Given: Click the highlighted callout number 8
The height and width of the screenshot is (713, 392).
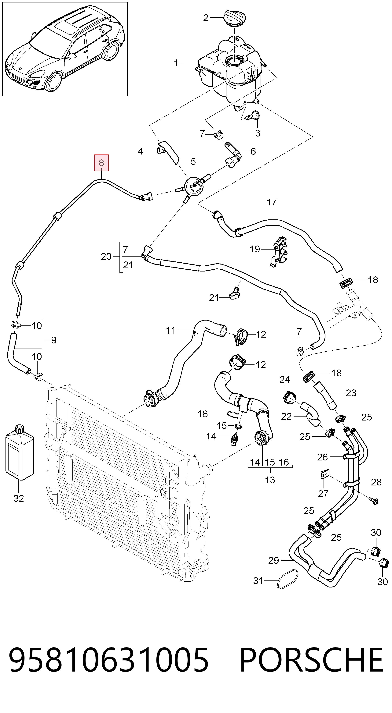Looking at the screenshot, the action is click(x=101, y=163).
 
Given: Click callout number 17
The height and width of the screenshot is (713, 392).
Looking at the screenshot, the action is click(x=272, y=202).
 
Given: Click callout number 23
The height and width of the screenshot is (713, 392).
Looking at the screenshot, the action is click(x=351, y=393).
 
